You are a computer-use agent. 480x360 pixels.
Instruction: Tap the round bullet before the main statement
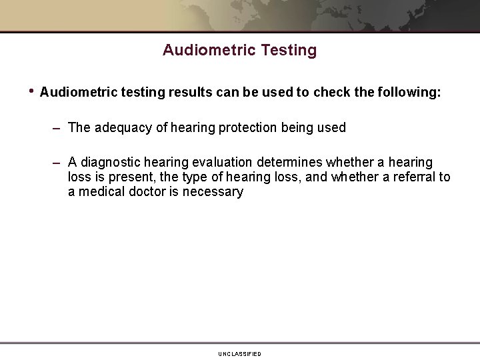click(31, 91)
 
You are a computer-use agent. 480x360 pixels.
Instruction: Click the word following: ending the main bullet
click(408, 92)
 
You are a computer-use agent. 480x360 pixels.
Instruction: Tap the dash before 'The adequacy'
click(58, 127)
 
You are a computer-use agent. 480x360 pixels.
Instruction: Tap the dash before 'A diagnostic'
click(58, 163)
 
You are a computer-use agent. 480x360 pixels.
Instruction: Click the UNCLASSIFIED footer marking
click(239, 354)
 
